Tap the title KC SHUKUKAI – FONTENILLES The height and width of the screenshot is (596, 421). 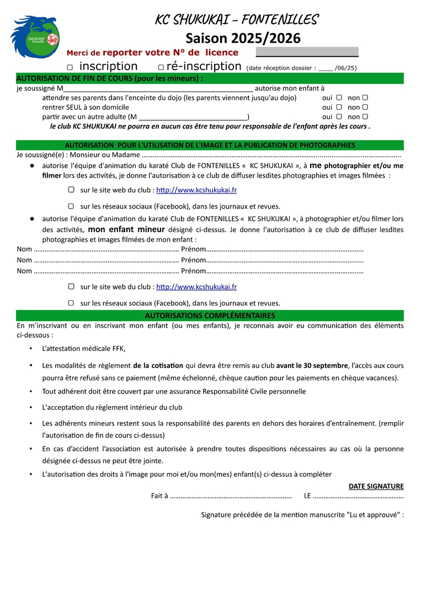coord(237,20)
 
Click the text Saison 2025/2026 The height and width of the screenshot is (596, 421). coord(243,38)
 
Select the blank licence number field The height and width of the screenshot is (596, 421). coord(307,52)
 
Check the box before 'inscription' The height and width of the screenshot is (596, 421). coord(70,67)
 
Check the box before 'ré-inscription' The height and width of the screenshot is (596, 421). coord(161,67)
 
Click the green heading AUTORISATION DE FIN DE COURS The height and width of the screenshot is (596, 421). coord(109,78)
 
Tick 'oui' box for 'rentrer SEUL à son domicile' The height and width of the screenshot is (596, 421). coord(339,107)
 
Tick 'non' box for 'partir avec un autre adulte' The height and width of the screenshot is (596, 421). coord(365,116)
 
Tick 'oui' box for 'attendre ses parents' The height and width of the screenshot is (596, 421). coord(339,98)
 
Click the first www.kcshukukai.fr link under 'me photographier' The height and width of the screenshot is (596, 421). coord(196,190)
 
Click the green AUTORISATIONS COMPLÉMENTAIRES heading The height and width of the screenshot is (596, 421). coord(210,316)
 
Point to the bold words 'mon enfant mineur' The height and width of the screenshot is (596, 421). coord(126,230)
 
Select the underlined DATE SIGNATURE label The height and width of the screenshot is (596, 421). coord(376,486)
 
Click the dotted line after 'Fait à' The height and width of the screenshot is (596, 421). coord(231,496)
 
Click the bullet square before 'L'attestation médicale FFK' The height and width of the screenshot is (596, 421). coord(31,349)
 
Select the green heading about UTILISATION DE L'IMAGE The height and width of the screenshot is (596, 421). coord(210,145)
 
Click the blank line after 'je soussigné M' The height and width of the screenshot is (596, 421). coord(158,88)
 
